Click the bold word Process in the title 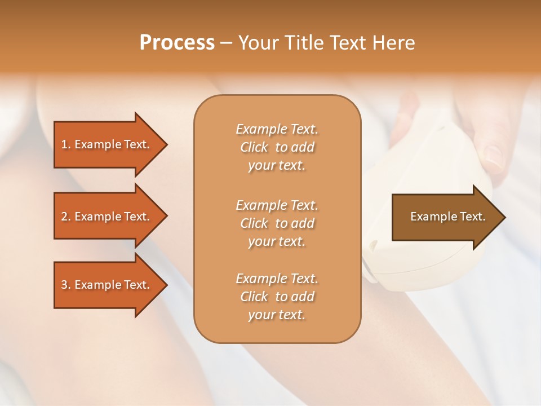[177, 43]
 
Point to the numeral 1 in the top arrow [64, 144]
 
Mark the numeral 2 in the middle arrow [64, 217]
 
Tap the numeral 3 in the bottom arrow [64, 285]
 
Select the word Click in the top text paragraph [254, 147]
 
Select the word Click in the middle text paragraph [254, 223]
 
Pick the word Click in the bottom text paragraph [254, 297]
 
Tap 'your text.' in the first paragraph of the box [277, 166]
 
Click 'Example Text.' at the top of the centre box [277, 129]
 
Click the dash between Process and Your [226, 43]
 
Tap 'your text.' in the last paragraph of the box [277, 315]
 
